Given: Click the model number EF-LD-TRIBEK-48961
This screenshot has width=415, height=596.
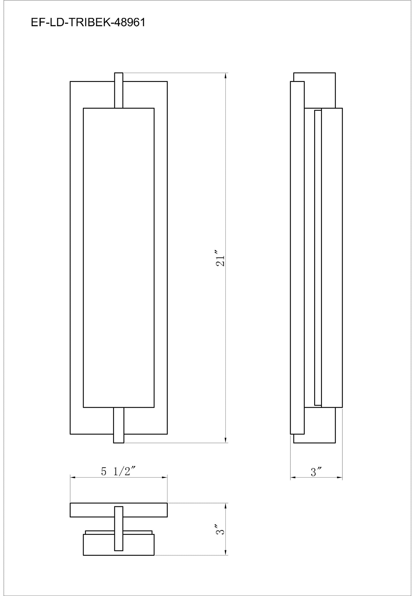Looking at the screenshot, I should (88, 23).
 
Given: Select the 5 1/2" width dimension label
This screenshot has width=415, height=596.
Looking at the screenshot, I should (118, 472).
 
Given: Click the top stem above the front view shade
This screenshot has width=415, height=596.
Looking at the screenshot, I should (119, 90).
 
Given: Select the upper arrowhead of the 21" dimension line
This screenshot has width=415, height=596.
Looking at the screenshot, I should (226, 76).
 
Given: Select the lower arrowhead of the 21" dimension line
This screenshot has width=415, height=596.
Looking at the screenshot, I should (226, 440).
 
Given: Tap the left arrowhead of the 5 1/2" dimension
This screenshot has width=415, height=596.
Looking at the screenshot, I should (73, 477).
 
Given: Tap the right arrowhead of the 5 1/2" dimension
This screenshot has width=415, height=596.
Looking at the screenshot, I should (165, 477).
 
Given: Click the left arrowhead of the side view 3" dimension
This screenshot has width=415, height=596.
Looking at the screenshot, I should (293, 478).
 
